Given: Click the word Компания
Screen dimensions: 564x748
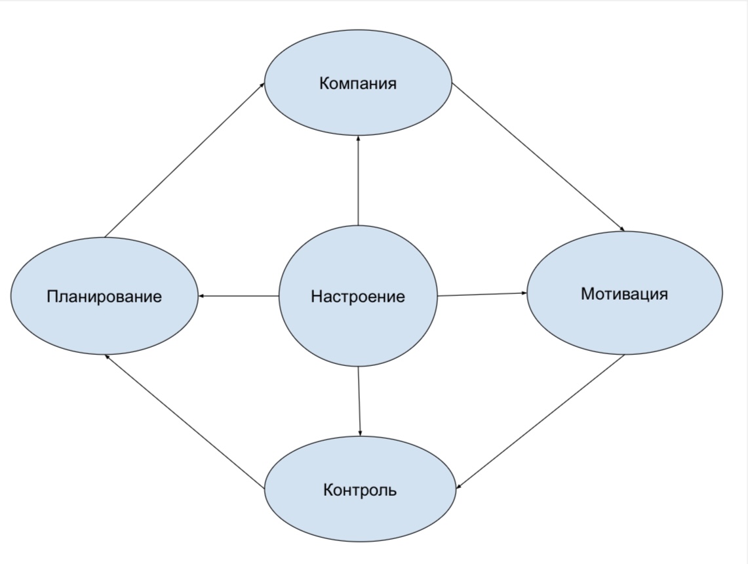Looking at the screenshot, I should (x=358, y=83).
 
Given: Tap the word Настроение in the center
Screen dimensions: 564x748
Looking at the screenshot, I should (x=358, y=296).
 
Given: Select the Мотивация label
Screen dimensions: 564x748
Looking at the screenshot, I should (x=624, y=294).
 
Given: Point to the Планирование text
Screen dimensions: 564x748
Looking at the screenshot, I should (x=104, y=296).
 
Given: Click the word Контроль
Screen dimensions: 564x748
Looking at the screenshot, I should (x=360, y=490).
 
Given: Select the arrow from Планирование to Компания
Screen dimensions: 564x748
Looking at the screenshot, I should (x=184, y=159).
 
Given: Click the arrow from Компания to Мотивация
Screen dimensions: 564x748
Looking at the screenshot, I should (x=538, y=157).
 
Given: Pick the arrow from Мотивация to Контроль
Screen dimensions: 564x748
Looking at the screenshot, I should (x=541, y=422).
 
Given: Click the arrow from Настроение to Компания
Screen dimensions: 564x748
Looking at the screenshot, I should (x=358, y=180).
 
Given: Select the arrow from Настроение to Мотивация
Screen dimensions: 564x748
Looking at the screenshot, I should (x=482, y=294).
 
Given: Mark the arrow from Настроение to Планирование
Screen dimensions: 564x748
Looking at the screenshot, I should (x=239, y=296).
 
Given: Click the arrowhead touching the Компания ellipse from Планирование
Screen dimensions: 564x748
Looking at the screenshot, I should (x=262, y=84).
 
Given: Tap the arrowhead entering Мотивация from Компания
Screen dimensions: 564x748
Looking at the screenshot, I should (x=621, y=230).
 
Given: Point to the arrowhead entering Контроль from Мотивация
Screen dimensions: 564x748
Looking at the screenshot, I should (x=458, y=487).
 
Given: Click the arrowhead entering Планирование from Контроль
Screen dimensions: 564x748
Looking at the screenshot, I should (x=107, y=357).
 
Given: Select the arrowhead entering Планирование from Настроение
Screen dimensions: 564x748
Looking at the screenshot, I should (x=201, y=296).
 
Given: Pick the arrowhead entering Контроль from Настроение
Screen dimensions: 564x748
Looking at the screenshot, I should (x=361, y=433).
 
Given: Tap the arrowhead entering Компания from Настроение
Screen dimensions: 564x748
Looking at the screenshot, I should (x=358, y=138).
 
